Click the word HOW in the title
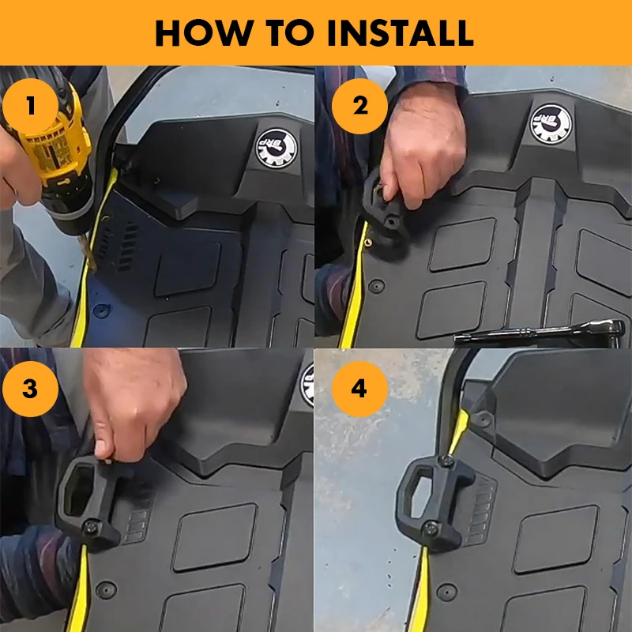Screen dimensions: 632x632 pyautogui.click(x=202, y=32)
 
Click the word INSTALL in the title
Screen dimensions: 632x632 pyautogui.click(x=401, y=32)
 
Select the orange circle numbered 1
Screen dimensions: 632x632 pyautogui.click(x=30, y=107)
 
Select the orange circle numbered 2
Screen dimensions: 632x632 pyautogui.click(x=359, y=107)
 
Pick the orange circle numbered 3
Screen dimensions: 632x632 pyautogui.click(x=30, y=389)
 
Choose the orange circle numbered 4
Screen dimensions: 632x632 pyautogui.click(x=359, y=389)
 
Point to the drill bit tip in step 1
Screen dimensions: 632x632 pyautogui.click(x=92, y=269)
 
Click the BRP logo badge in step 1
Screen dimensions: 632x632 pyautogui.click(x=277, y=149)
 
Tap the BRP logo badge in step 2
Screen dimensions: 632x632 pyautogui.click(x=551, y=124)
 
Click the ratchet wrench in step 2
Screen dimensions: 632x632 pyautogui.click(x=540, y=333)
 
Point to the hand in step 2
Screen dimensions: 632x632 pyautogui.click(x=423, y=149)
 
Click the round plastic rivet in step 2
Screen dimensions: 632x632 pyautogui.click(x=376, y=287)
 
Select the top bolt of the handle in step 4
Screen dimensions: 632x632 pyautogui.click(x=446, y=461)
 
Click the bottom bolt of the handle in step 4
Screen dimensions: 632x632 pyautogui.click(x=431, y=527)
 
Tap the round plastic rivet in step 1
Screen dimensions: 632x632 pyautogui.click(x=101, y=310)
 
